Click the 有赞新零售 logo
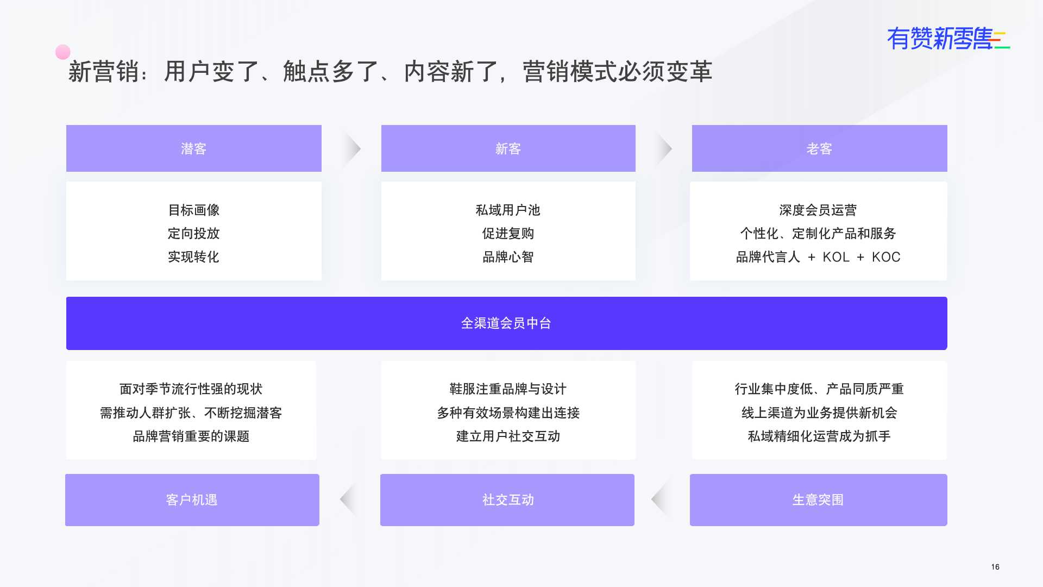click(948, 39)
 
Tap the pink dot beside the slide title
click(63, 52)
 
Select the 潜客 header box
click(194, 148)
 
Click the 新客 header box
click(508, 148)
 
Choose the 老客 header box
click(820, 148)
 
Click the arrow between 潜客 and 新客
click(352, 148)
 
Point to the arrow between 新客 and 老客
click(663, 148)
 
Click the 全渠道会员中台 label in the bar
click(506, 323)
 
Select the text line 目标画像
click(194, 210)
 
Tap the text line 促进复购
click(508, 234)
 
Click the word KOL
click(836, 257)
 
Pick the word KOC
click(886, 257)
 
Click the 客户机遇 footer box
click(192, 500)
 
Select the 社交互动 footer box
click(507, 500)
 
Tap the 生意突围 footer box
click(819, 500)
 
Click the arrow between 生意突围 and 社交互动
click(661, 499)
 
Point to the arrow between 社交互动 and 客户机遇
click(349, 499)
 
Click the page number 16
click(995, 567)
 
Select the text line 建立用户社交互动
click(508, 436)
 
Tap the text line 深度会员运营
click(818, 210)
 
